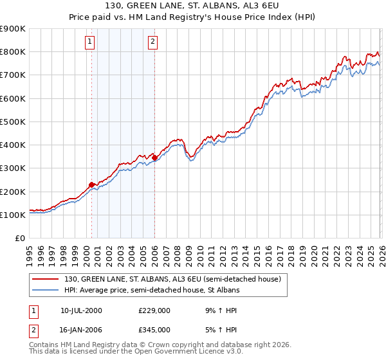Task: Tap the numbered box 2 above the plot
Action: pos(152,42)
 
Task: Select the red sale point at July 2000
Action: pos(92,184)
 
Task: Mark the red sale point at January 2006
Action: pos(155,157)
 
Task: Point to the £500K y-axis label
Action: pos(12,122)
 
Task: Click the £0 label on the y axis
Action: pos(19,238)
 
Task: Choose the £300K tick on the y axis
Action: pos(12,168)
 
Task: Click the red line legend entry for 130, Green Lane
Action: pos(172,280)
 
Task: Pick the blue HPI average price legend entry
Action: pos(152,291)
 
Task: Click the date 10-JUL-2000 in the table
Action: pos(81,310)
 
